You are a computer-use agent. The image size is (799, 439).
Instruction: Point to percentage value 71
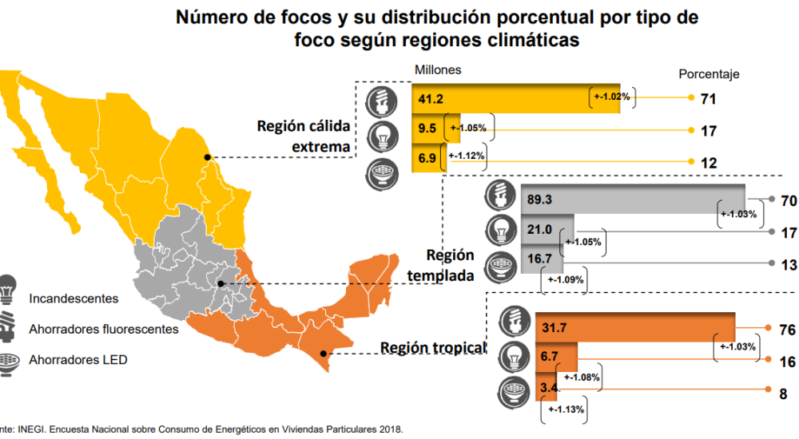pos(707,98)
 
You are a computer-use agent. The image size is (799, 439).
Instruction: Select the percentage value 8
pos(784,394)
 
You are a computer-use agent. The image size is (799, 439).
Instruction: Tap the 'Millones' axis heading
pos(437,69)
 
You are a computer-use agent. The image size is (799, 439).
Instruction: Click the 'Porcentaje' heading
pos(709,74)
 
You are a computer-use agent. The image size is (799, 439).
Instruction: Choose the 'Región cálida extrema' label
pos(304,136)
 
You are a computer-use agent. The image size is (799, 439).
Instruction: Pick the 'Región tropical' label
pos(433,348)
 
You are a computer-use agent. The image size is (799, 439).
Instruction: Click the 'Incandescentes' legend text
pos(74,299)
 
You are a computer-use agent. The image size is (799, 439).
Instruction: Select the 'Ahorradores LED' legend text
pos(78,359)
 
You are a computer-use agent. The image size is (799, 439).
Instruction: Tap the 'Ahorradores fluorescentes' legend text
pos(104,328)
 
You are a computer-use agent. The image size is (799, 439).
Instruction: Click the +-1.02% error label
pos(612,97)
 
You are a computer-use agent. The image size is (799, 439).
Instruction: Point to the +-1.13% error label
pos(566,409)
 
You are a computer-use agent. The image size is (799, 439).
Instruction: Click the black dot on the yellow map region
pos(208,157)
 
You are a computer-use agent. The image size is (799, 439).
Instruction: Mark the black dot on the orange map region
pos(323,354)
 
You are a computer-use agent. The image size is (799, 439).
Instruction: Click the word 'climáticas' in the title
pos(519,41)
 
